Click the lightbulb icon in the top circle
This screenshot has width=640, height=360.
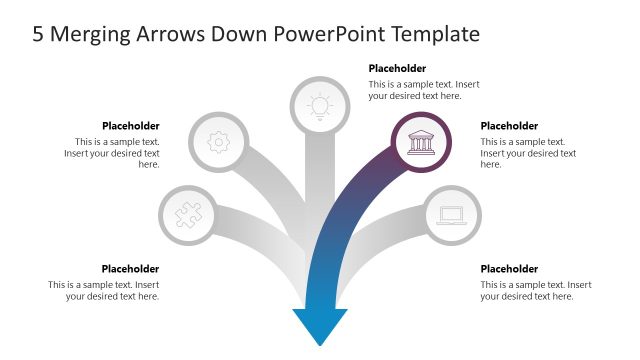click(x=318, y=104)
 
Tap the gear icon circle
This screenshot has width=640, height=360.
click(x=217, y=142)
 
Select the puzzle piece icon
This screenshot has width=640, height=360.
click(x=188, y=214)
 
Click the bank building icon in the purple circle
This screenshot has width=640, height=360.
click(x=420, y=142)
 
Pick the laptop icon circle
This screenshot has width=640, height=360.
click(x=451, y=214)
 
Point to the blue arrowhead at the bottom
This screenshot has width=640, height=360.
click(x=319, y=326)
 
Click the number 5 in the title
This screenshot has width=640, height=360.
click(x=38, y=35)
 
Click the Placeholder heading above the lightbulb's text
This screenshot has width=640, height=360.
click(x=398, y=69)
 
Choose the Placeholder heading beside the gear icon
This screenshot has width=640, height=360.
click(x=130, y=126)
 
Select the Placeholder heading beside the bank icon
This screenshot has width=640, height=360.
click(x=509, y=126)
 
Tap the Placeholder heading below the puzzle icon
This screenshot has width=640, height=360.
click(x=130, y=269)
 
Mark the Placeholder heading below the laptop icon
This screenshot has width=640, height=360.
click(x=509, y=269)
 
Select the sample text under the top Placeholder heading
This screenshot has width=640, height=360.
click(x=415, y=90)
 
